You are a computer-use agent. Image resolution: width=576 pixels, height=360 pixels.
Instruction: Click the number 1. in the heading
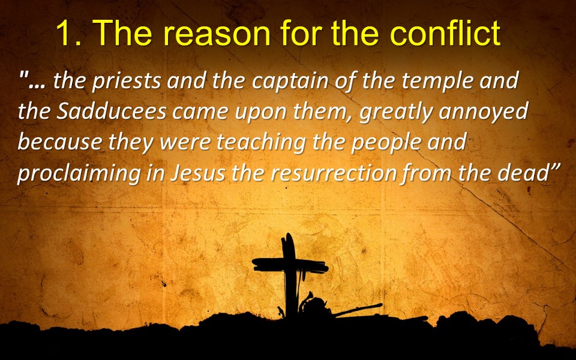[x=69, y=32]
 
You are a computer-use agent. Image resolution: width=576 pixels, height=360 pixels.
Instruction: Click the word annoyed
[x=484, y=112]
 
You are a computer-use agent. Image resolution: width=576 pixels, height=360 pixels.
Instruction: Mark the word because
[x=59, y=142]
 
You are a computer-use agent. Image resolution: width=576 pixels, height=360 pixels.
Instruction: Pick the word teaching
[x=261, y=143]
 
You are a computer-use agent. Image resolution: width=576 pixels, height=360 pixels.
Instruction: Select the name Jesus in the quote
[x=197, y=173]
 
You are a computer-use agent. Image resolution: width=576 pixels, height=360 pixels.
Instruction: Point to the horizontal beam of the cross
[x=290, y=265]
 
